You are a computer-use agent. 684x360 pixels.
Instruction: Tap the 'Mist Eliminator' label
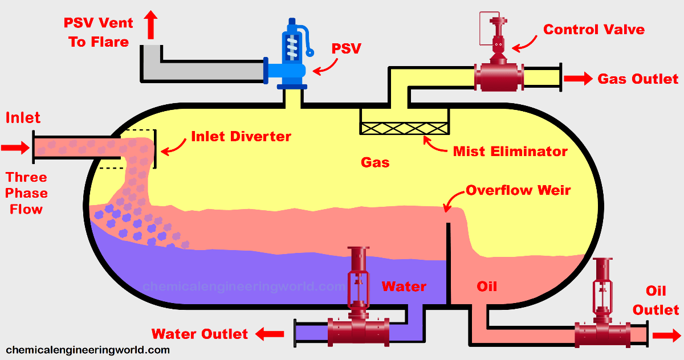(x=510, y=152)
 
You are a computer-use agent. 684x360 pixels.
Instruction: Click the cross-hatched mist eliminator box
(x=404, y=128)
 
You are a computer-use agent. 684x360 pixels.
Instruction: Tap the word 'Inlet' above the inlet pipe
(x=23, y=118)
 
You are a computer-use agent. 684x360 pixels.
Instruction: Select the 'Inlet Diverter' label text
(x=241, y=137)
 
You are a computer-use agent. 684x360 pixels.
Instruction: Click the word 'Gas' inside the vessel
(x=375, y=162)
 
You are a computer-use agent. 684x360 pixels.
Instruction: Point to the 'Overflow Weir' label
(x=518, y=190)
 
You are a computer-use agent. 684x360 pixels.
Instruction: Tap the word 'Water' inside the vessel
(x=404, y=286)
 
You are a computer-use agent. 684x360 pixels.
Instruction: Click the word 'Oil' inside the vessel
(x=487, y=286)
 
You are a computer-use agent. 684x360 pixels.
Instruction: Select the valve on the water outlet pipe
(x=359, y=319)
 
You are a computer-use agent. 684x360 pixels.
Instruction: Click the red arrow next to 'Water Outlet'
(x=270, y=334)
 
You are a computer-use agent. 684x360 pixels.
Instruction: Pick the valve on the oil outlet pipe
(x=603, y=330)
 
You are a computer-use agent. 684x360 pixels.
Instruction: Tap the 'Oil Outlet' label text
(x=655, y=301)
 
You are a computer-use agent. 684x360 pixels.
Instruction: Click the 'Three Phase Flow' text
(x=26, y=193)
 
